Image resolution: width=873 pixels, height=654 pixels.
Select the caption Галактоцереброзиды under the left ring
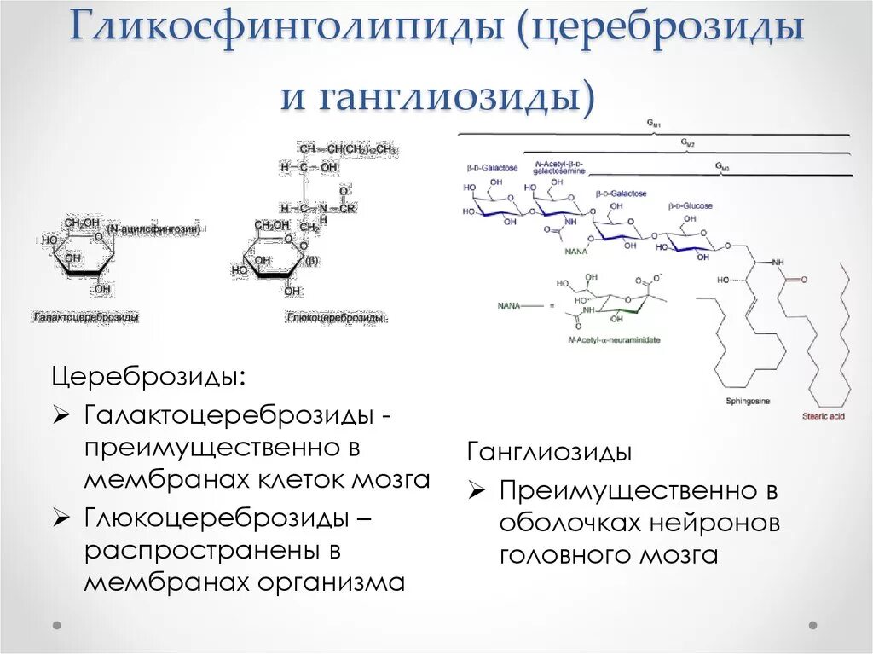tap(86, 316)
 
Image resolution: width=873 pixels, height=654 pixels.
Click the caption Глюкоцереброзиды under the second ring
tap(335, 318)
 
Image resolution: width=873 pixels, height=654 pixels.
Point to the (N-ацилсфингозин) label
tap(153, 229)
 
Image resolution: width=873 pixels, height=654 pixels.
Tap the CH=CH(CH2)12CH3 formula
tap(348, 149)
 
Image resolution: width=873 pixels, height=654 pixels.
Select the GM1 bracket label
tap(654, 125)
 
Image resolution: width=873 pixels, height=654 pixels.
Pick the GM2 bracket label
tap(687, 143)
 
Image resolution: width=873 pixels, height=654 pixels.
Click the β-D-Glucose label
tap(691, 205)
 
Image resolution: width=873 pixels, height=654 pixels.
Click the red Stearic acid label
tap(823, 415)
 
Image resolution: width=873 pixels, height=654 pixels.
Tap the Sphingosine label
tap(749, 400)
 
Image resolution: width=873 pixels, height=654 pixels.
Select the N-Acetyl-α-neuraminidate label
tap(613, 339)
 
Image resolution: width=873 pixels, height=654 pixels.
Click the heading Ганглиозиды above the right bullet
tap(549, 452)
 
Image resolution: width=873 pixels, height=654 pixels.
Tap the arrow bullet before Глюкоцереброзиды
tap(61, 516)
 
